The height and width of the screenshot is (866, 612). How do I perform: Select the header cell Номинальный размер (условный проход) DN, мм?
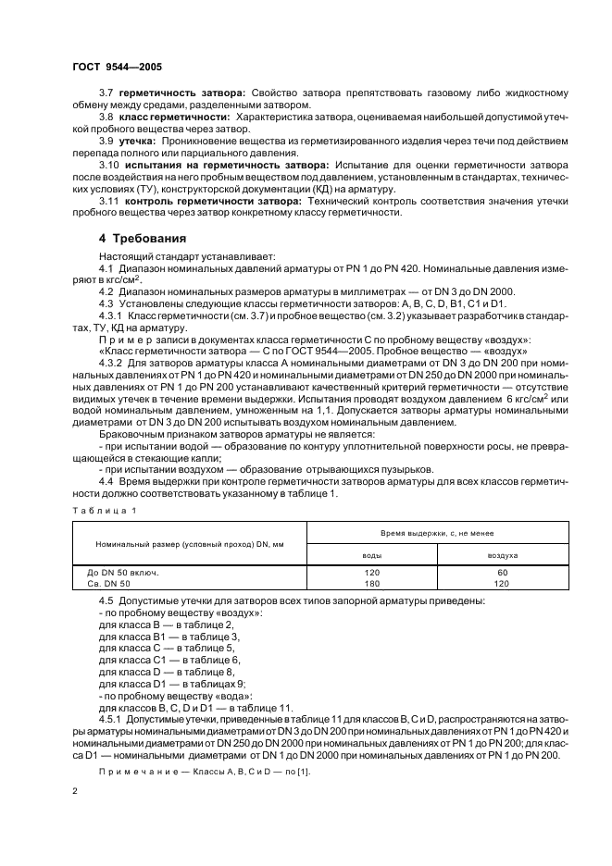pyautogui.click(x=177, y=544)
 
